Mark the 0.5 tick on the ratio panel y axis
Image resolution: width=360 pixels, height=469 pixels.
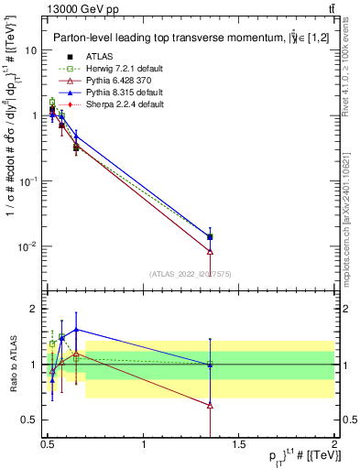coord(30,420)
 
